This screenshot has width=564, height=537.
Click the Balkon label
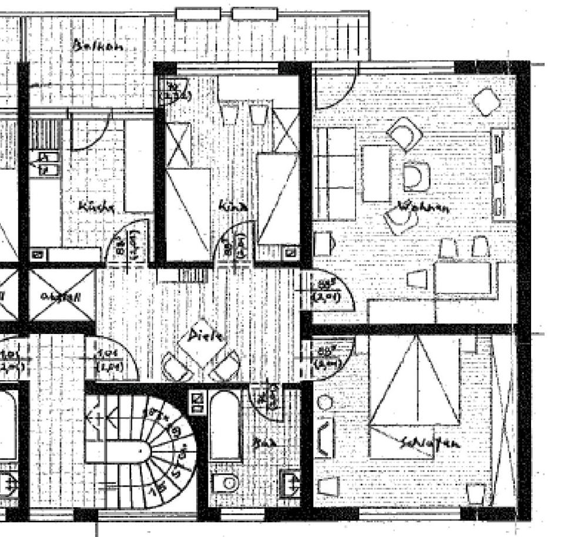(x=98, y=46)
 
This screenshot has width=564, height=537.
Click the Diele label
(x=206, y=336)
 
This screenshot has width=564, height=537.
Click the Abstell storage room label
(x=61, y=296)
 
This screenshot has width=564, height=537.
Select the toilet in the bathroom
(x=225, y=483)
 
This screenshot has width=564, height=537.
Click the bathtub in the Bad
(x=225, y=425)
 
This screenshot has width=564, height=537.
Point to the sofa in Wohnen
(x=335, y=174)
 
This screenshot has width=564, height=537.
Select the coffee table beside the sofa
(x=377, y=174)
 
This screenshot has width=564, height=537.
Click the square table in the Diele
(x=202, y=346)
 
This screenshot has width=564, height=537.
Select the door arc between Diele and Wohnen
(x=329, y=292)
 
